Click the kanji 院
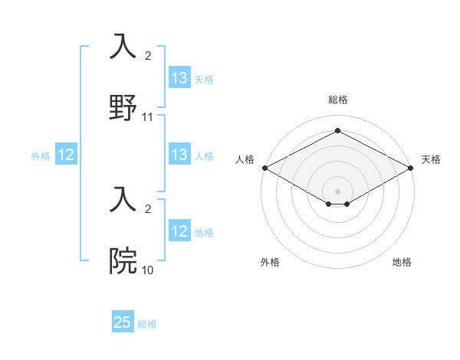[x=124, y=260]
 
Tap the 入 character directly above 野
[x=124, y=47]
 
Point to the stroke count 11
[x=148, y=117]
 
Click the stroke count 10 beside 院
[x=148, y=270]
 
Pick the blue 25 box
[x=123, y=322]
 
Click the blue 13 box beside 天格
[x=179, y=78]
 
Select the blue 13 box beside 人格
[x=179, y=155]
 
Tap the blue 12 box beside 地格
[x=179, y=231]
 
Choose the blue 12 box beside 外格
[x=67, y=155]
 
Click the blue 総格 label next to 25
[x=147, y=324]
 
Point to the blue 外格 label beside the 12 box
[x=41, y=155]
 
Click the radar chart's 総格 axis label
[x=337, y=100]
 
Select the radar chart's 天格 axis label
[x=431, y=159]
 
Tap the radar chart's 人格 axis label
[x=245, y=159]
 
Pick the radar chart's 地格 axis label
[x=402, y=262]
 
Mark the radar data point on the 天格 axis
[x=412, y=167]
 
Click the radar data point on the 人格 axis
[x=264, y=167]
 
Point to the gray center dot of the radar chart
[x=337, y=191]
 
